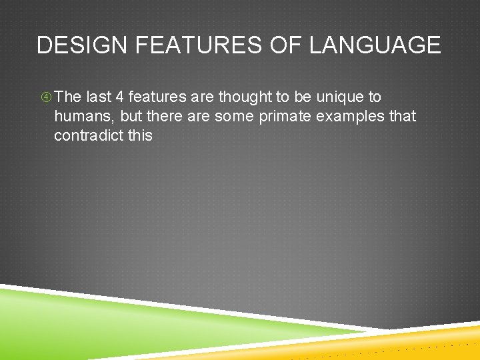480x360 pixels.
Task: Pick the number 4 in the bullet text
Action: point(120,97)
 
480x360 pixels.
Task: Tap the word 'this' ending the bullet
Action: point(140,135)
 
